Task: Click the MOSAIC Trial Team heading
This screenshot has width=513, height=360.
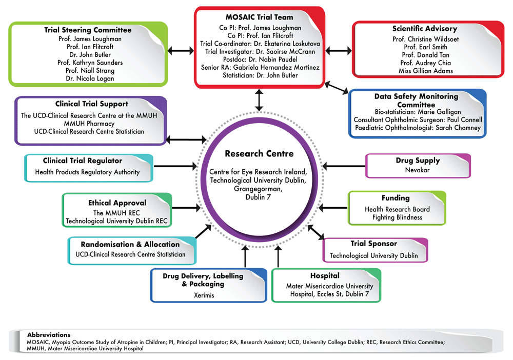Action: [x=259, y=18]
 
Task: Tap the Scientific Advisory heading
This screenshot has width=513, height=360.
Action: [x=424, y=29]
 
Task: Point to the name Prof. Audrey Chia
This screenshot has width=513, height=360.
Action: [x=425, y=63]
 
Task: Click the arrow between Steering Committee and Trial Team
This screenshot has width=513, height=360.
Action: [x=181, y=51]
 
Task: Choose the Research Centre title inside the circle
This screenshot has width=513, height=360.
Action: [x=259, y=153]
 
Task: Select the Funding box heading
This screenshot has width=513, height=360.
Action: [x=395, y=198]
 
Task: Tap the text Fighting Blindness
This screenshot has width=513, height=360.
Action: [x=397, y=217]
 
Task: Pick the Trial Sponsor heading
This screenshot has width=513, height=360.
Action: [x=373, y=244]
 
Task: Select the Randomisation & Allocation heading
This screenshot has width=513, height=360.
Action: [x=130, y=244]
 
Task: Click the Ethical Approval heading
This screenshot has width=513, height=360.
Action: [x=117, y=203]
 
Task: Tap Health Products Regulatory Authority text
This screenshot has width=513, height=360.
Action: [x=87, y=172]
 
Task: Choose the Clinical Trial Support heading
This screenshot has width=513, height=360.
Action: [x=92, y=104]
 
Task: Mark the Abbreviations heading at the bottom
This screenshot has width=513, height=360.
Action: [x=49, y=334]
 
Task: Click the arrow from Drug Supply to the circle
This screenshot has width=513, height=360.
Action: [x=343, y=166]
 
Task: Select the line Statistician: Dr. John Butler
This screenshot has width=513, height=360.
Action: [x=259, y=76]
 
